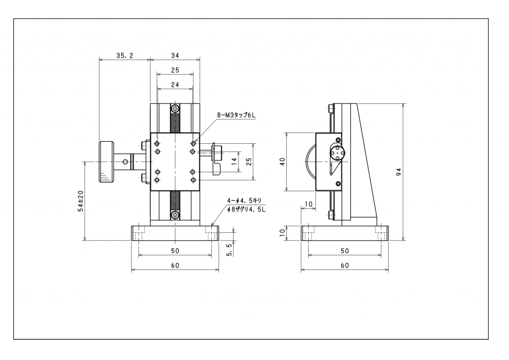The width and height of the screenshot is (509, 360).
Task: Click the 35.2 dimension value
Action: [125, 56]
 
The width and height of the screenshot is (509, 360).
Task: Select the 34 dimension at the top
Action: [175, 56]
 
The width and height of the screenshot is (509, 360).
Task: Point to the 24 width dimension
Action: [175, 85]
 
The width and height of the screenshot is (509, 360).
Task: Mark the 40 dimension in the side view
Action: [282, 162]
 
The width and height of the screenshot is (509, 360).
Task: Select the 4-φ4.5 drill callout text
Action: [244, 200]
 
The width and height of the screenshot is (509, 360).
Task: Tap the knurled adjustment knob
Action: [106, 162]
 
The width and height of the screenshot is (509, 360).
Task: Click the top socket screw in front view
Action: [175, 109]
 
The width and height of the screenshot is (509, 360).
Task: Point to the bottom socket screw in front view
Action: [175, 215]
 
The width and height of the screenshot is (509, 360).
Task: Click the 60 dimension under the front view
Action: [175, 266]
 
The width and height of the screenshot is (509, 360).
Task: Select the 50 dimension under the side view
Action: [345, 251]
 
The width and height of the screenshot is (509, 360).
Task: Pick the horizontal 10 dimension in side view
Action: [309, 204]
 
